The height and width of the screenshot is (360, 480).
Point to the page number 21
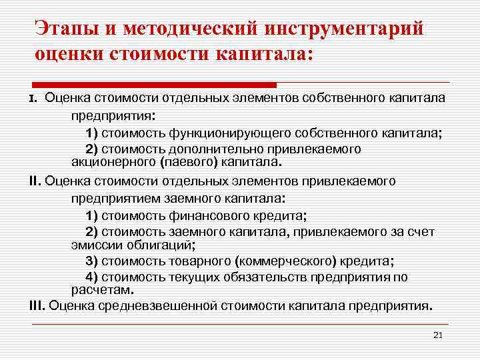pos(438,335)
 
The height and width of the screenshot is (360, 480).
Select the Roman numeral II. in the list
pos(38,181)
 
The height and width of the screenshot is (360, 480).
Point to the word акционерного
pos(109,161)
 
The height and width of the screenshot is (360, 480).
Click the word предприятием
pos(110,198)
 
